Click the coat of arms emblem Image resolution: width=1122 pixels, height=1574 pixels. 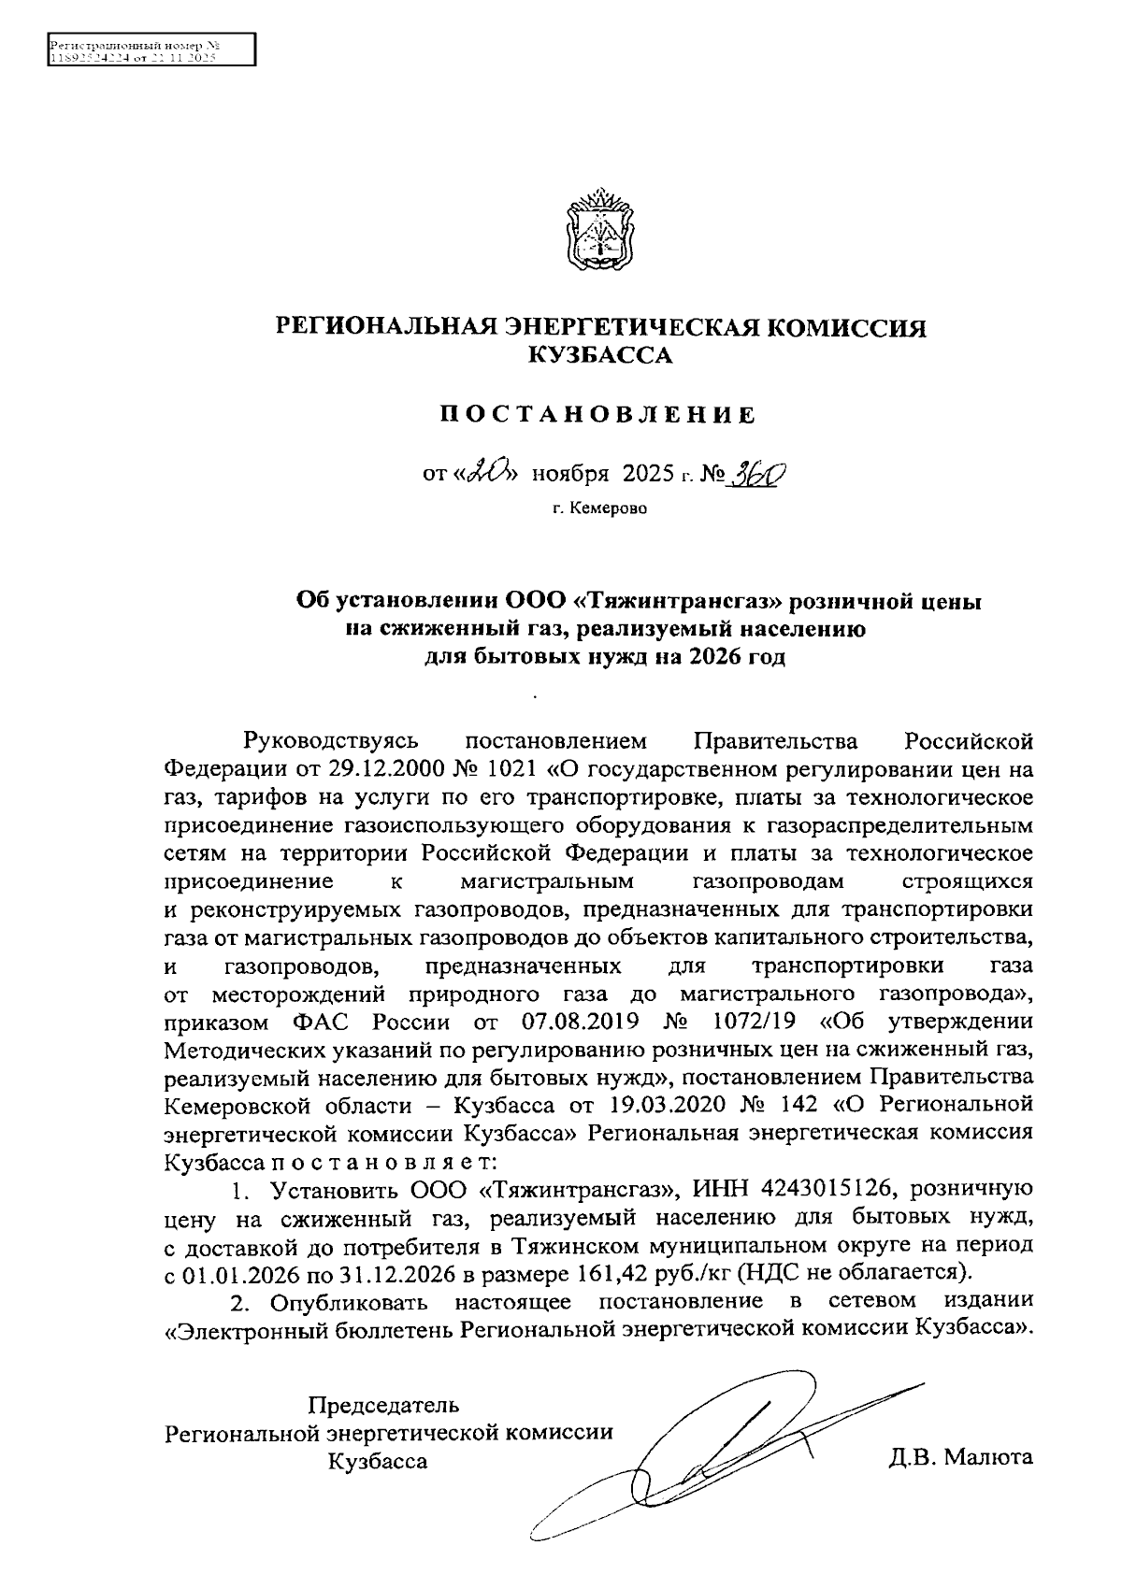click(598, 228)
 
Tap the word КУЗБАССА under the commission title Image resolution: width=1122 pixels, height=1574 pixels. click(599, 355)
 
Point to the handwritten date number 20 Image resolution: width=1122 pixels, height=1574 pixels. click(489, 473)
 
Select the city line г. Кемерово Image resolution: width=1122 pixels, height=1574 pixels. click(598, 509)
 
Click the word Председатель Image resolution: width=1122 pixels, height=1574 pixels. click(384, 1405)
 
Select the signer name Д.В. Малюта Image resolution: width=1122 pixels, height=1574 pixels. click(961, 1457)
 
